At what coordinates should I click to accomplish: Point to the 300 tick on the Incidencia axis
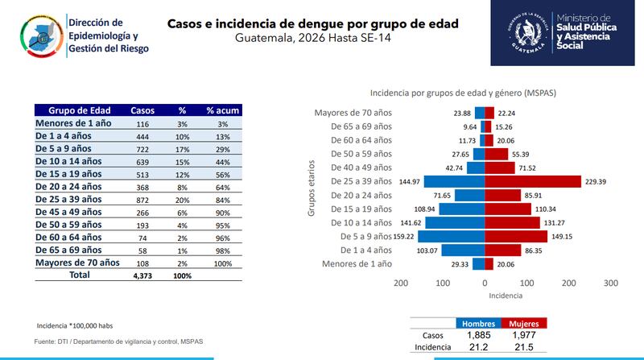[610, 283]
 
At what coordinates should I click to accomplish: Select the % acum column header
[222, 110]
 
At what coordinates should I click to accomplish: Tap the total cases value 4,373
[142, 275]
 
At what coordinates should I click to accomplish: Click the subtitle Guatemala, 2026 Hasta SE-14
[313, 39]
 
